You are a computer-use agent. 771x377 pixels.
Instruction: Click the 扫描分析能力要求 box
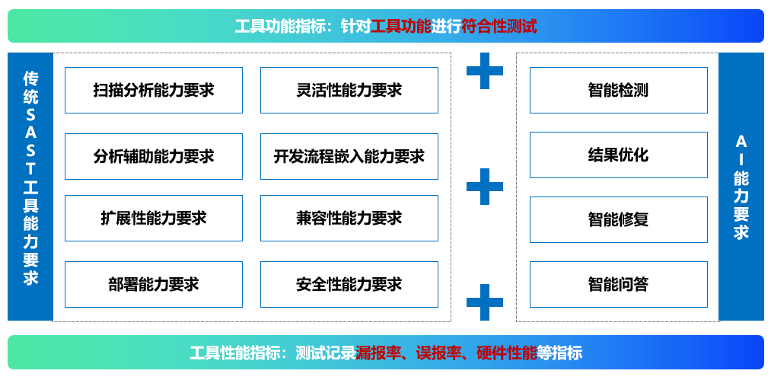154,91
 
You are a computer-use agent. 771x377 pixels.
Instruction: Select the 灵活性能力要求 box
349,91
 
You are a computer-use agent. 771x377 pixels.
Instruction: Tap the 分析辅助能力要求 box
154,157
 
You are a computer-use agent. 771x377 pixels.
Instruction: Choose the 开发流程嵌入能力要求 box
349,157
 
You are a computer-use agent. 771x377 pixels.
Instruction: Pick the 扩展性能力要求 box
154,219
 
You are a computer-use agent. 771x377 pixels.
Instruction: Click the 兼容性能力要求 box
349,219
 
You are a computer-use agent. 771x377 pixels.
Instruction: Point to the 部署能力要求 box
154,285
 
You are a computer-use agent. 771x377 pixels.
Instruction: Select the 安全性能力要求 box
349,285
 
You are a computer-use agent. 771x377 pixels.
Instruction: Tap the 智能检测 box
618,91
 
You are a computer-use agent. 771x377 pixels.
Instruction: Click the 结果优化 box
618,155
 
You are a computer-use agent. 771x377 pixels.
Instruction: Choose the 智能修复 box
618,220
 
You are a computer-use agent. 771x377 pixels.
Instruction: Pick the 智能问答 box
618,285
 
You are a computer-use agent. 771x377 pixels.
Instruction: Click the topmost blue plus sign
485,71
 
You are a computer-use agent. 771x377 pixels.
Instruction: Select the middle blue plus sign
485,187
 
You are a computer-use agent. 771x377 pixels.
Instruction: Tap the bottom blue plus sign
485,302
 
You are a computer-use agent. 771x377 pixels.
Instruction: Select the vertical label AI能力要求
741,187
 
